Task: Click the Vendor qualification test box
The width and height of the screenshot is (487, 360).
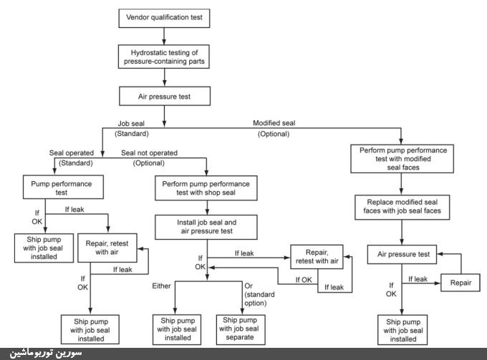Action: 165,16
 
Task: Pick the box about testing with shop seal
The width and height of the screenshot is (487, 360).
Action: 207,188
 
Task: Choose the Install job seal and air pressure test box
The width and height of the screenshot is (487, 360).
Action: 207,228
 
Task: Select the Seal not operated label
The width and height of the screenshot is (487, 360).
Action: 148,152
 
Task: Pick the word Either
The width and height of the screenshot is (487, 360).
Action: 162,286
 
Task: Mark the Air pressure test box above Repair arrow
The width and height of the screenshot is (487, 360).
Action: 402,254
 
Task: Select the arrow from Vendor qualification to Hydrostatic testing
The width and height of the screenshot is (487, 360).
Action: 165,34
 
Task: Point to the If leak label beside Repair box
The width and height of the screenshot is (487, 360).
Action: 417,278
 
